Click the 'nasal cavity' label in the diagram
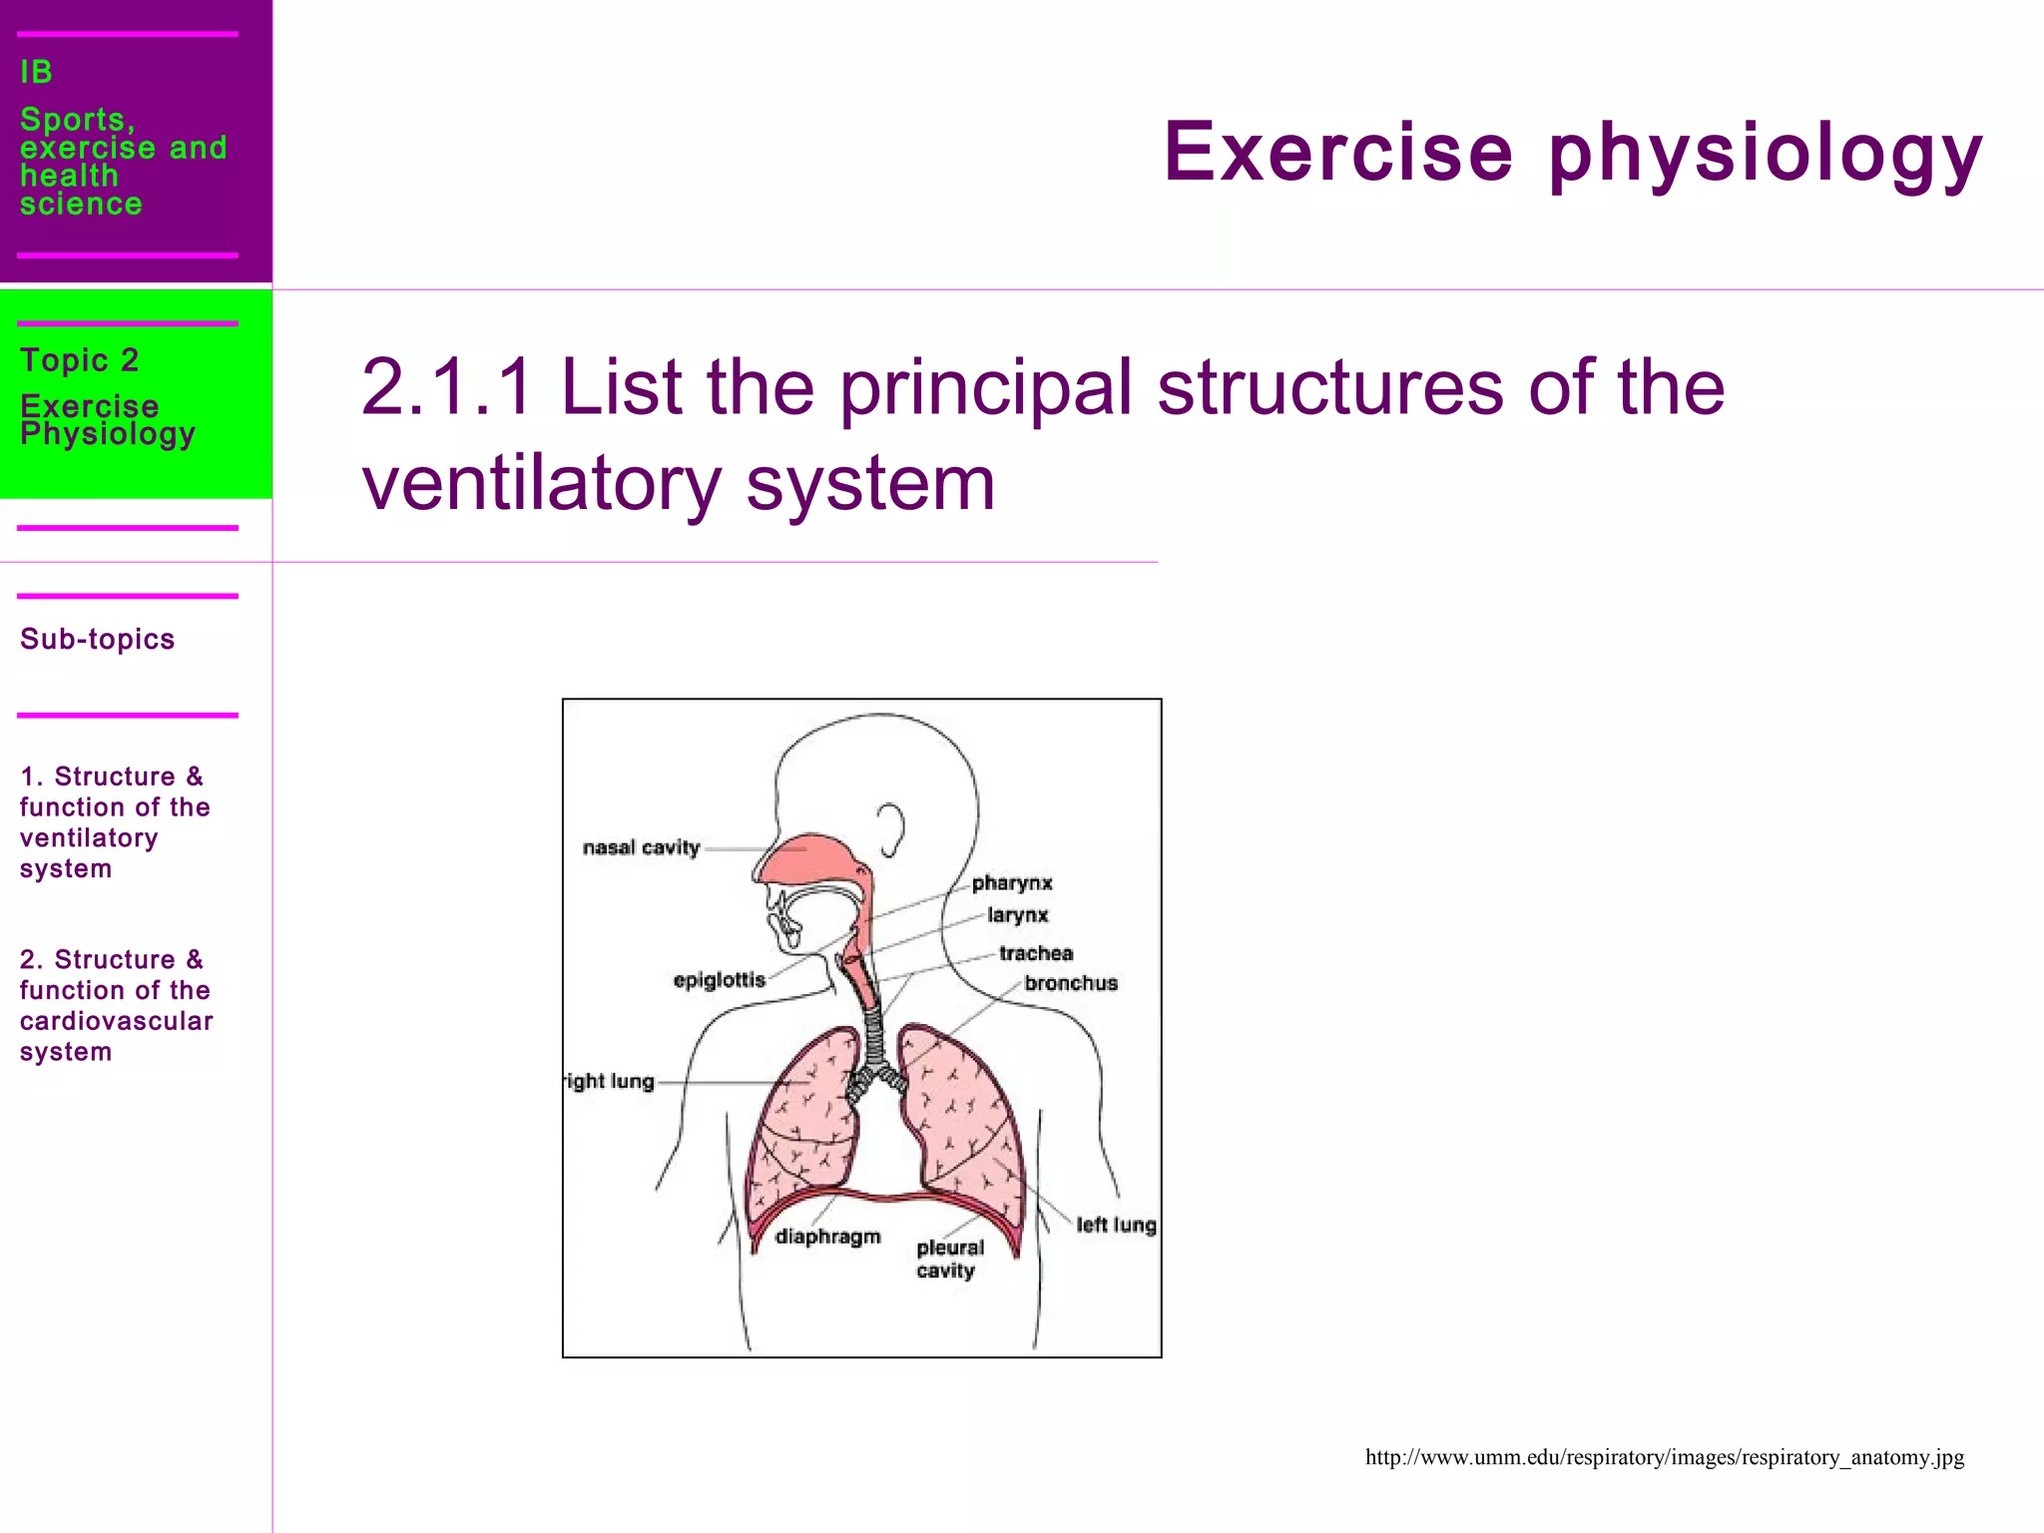point(641,847)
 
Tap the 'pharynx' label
point(1011,883)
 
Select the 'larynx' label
point(1017,915)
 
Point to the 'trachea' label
point(1035,953)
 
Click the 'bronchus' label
point(1070,983)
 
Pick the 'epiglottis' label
point(719,980)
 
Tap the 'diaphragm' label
point(827,1237)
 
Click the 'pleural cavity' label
point(949,1259)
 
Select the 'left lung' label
point(1115,1225)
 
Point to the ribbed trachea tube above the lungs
point(874,1038)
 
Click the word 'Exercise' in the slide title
point(1337,153)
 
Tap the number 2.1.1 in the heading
point(446,387)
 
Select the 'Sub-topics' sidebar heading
point(97,639)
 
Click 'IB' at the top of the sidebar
point(36,72)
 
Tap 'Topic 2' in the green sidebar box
point(79,359)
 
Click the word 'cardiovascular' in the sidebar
point(116,1021)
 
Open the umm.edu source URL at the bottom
point(1664,1457)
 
